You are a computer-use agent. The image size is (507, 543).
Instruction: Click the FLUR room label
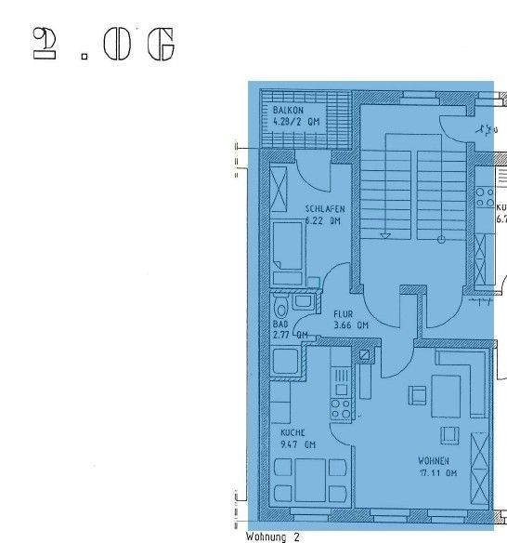[x=343, y=314]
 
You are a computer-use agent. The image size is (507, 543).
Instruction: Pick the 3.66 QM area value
[x=350, y=325]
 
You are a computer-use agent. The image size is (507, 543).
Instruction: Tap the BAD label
[x=280, y=324]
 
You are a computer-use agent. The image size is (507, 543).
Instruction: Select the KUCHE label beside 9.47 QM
[x=292, y=433]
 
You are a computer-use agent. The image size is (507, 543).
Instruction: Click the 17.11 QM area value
[x=436, y=472]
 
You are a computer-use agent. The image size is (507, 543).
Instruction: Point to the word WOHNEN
[x=434, y=461]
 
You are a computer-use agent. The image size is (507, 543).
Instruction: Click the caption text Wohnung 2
[x=272, y=536]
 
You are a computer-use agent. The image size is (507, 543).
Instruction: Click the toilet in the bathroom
[x=280, y=306]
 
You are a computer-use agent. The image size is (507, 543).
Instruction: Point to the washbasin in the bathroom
[x=303, y=300]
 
